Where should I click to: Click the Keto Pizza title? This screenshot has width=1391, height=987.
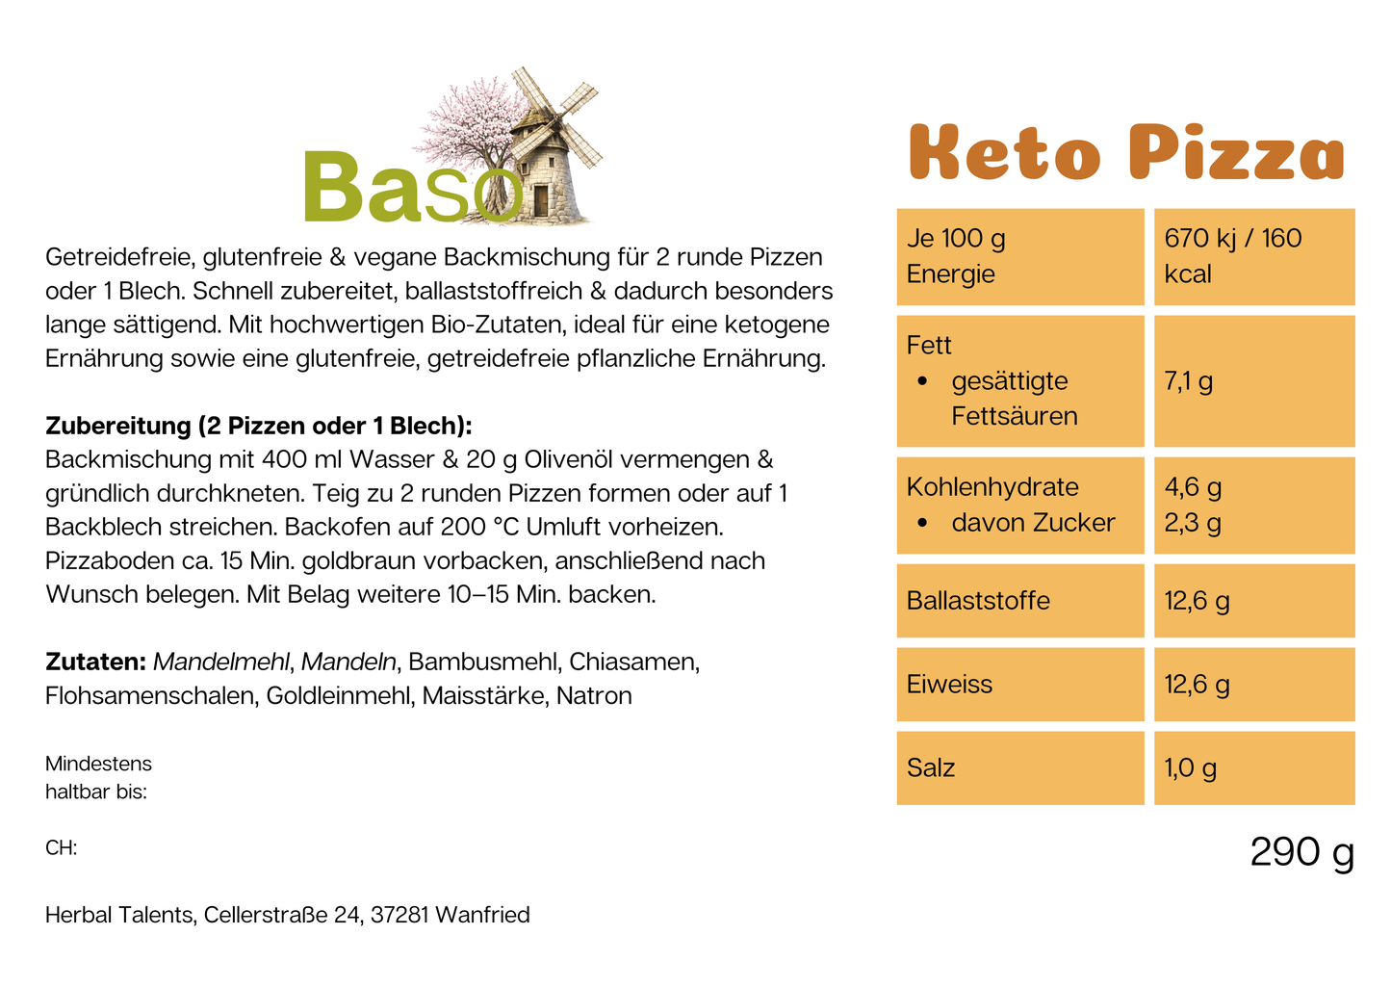[1125, 153]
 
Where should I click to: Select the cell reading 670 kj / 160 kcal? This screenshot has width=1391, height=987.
[1232, 256]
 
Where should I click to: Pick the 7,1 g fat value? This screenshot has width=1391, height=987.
[1188, 381]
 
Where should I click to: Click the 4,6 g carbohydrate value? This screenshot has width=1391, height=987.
[1193, 487]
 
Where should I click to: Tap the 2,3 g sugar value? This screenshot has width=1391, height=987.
[1193, 523]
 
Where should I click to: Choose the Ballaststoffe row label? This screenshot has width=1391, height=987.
[978, 601]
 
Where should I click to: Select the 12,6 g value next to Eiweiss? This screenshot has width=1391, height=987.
[1197, 685]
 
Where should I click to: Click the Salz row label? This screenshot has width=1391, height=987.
[931, 768]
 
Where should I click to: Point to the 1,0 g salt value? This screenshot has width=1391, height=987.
[1190, 768]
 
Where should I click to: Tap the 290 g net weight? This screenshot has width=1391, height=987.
[1301, 852]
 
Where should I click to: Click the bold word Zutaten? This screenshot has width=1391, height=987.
[95, 662]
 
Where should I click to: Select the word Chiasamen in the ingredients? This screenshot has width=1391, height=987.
[633, 662]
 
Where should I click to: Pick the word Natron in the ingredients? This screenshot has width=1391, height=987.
[594, 696]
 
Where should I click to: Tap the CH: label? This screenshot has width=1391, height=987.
[61, 848]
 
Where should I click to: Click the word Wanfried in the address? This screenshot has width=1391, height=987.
[482, 915]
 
